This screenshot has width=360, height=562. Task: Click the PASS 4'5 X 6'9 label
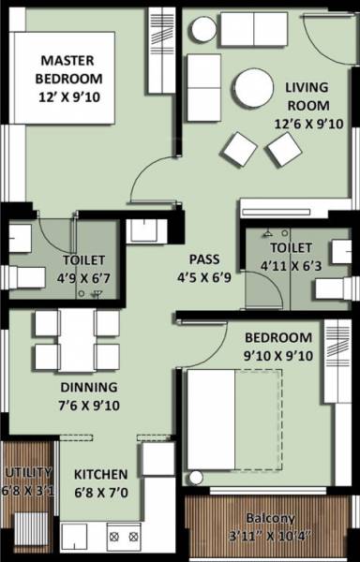pyautogui.click(x=204, y=268)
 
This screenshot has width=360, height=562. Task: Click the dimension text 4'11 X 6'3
pyautogui.click(x=291, y=265)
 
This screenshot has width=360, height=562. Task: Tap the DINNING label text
pyautogui.click(x=89, y=387)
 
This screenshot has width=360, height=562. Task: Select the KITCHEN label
pyautogui.click(x=100, y=475)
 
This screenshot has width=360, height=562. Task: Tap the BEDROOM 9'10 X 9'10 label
pyautogui.click(x=278, y=346)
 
